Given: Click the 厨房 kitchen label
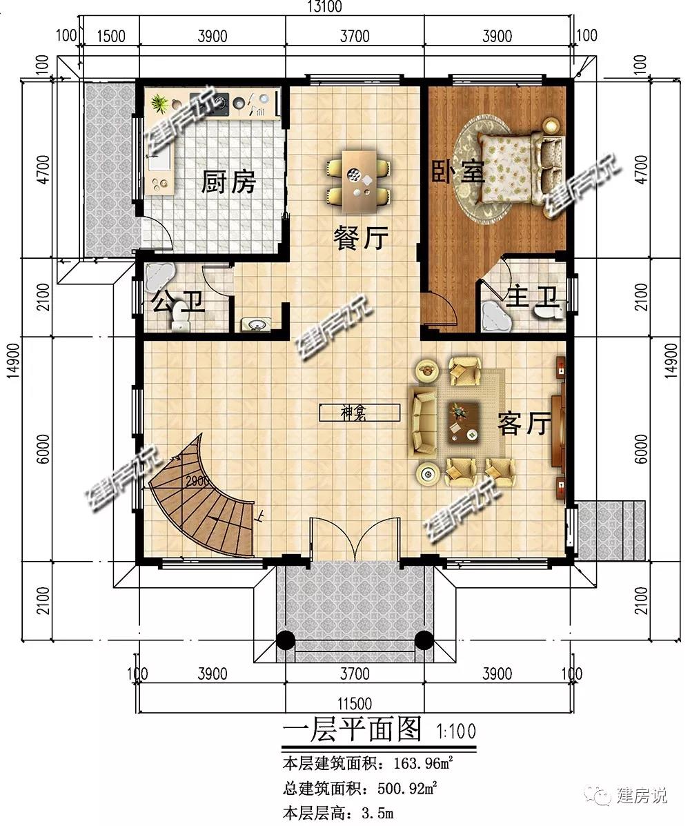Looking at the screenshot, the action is (x=228, y=182).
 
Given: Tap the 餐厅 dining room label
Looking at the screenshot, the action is (x=362, y=238).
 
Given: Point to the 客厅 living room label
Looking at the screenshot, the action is (x=524, y=423).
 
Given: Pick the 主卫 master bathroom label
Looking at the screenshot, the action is (x=532, y=297).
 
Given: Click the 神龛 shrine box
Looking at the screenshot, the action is (x=359, y=413).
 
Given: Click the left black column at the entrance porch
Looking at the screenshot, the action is (x=286, y=640).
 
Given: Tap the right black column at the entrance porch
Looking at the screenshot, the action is (x=424, y=640).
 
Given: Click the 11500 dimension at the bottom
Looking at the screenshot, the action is (x=355, y=703).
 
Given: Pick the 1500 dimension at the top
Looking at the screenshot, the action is (x=112, y=36).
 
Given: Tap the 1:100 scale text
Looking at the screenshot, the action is (x=456, y=731).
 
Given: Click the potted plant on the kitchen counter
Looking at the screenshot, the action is (x=159, y=103).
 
